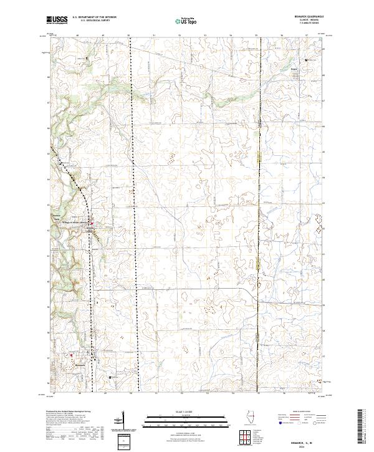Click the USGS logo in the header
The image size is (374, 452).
point(57,20)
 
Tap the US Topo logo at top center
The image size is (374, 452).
point(186,21)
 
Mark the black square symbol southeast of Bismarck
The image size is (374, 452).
point(111,377)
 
